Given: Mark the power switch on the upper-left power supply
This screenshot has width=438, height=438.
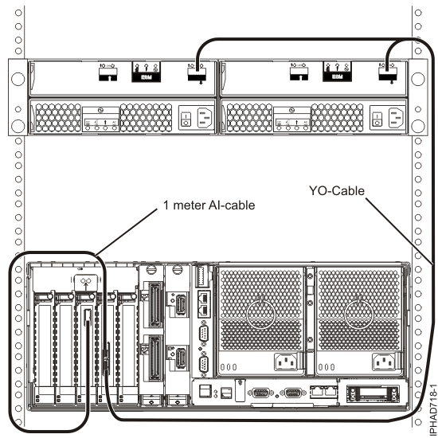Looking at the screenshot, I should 184,117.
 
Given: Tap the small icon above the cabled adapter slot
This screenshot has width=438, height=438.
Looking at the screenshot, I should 85,282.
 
